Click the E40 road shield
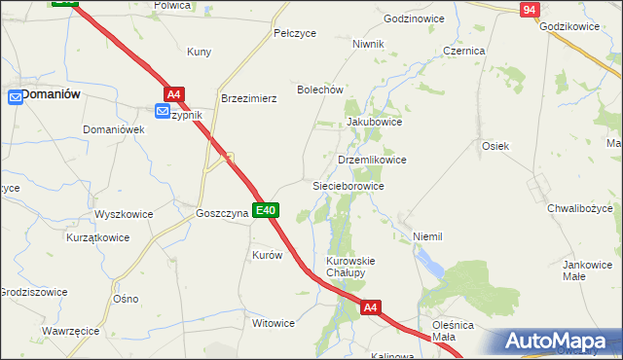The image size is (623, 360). point(267,210)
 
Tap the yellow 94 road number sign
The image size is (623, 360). point(529,10)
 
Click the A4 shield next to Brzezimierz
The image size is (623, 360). point(173,94)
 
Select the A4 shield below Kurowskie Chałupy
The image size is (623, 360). point(370,307)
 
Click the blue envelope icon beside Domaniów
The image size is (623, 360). point(15,96)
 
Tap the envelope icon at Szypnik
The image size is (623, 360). point(162,113)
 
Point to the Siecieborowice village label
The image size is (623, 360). point(348,185)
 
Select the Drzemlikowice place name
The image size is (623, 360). point(371,159)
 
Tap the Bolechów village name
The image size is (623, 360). point(321,90)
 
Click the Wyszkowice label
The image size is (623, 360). point(123,213)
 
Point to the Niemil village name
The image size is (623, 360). point(427,236)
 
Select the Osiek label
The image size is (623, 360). point(495,145)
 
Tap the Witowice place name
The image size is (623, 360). point(274,323)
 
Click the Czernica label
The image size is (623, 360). point(463,50)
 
